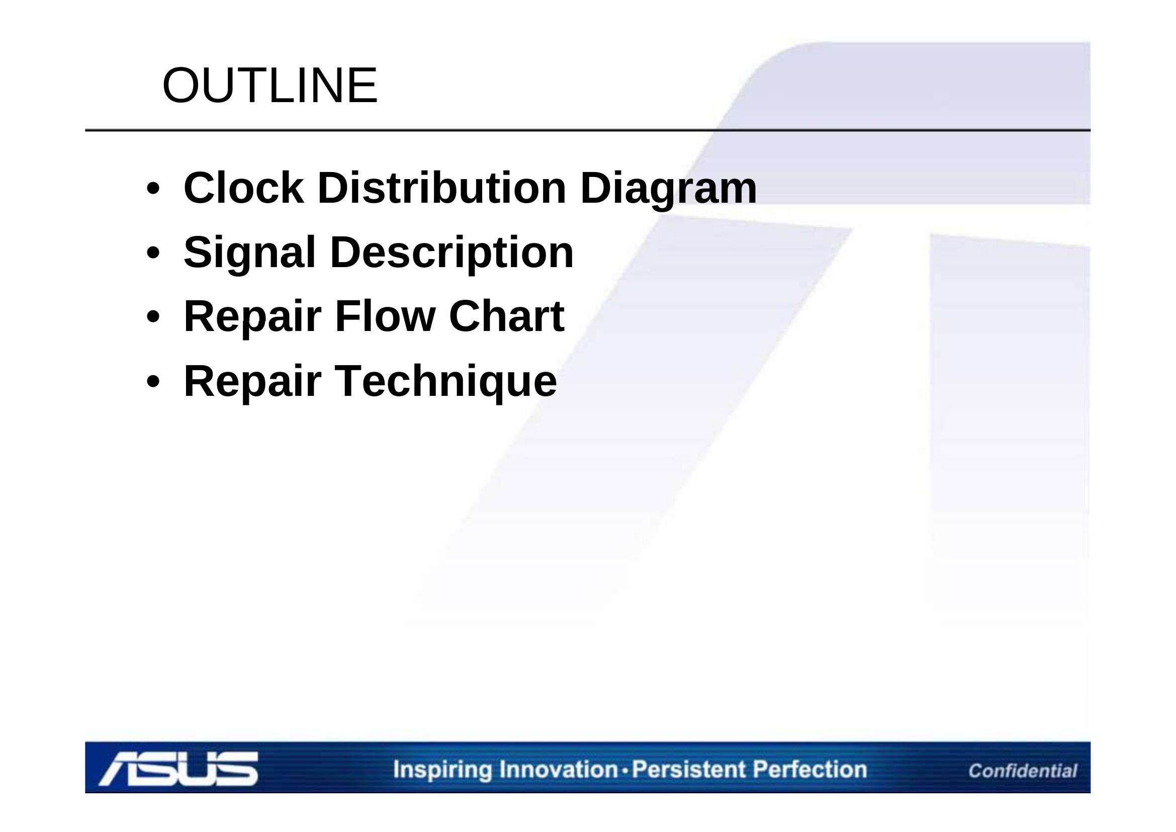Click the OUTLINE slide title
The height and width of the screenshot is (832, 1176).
[270, 85]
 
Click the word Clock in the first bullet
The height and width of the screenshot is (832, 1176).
[244, 188]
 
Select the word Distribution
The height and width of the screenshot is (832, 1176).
[442, 188]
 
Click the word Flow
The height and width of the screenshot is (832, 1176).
[385, 316]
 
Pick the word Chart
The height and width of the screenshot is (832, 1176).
[507, 316]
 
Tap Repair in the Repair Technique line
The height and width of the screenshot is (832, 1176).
[252, 383]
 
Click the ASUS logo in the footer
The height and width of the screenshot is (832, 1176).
[179, 769]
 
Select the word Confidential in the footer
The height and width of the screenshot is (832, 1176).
[1022, 771]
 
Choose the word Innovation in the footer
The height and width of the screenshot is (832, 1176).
[559, 770]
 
